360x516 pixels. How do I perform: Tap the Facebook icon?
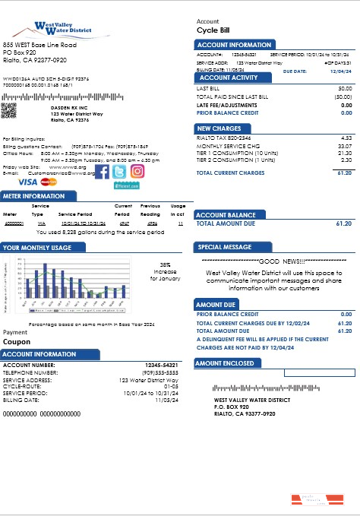(x=101, y=171)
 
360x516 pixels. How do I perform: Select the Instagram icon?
(x=137, y=171)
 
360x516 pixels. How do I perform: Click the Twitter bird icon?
(x=120, y=171)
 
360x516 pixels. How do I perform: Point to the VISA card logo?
(x=27, y=182)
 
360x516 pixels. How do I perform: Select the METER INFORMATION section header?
(x=34, y=195)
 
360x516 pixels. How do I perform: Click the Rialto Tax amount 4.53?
(x=346, y=138)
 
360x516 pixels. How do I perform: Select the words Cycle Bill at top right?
(x=213, y=30)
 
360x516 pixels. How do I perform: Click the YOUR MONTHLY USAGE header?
(x=37, y=248)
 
